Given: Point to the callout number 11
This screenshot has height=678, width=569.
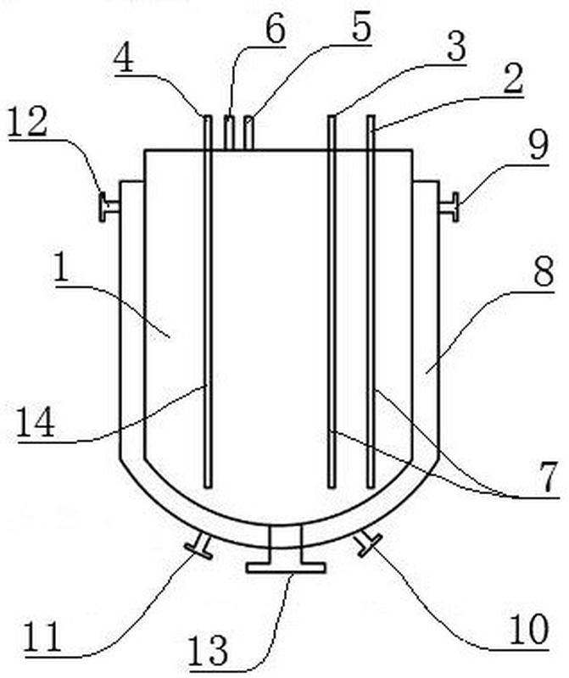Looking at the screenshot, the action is [x=43, y=637].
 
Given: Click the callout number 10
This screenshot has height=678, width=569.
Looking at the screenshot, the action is [x=529, y=629].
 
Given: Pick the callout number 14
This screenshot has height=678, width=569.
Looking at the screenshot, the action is [x=36, y=422].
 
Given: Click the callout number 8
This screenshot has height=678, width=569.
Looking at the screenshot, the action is [x=544, y=271].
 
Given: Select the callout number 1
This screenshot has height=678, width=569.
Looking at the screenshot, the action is [x=61, y=267].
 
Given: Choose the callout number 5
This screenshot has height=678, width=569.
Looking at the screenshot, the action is [x=361, y=27].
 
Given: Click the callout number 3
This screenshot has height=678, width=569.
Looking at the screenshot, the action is [x=456, y=47].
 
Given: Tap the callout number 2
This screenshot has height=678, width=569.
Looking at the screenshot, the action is [x=513, y=79].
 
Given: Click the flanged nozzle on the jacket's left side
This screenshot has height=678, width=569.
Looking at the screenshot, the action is [x=109, y=207].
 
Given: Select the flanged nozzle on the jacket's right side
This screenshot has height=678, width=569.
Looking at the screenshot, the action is [x=449, y=207].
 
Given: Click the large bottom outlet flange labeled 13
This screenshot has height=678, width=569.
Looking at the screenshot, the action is [x=286, y=549].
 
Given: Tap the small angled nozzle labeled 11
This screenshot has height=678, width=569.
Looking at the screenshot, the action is [x=199, y=546].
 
